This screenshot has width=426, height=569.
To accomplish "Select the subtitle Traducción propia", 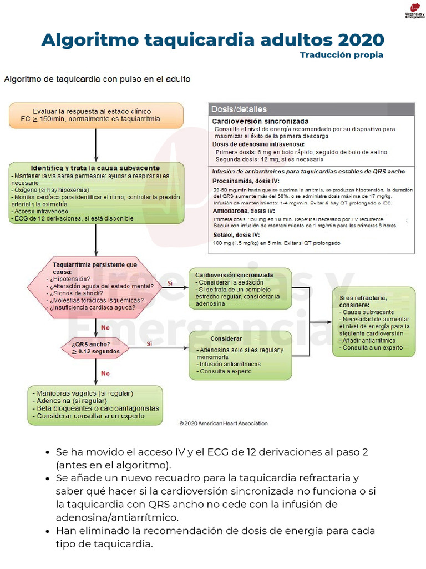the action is (x=341, y=55).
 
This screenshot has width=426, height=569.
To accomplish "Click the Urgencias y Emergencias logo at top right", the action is (x=415, y=11).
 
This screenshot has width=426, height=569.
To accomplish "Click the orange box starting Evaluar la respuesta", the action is (x=96, y=115).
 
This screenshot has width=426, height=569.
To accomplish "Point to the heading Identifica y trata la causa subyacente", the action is (x=95, y=168).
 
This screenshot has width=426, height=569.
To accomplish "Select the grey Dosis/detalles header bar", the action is (x=311, y=109).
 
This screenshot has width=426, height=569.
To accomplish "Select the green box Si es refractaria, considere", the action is (x=373, y=321).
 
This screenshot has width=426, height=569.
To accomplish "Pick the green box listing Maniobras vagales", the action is (x=95, y=405).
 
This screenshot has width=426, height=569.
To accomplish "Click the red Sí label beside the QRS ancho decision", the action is (x=149, y=344).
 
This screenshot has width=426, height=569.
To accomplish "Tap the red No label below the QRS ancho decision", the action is (x=105, y=373).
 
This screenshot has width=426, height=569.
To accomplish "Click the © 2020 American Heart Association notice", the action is (x=223, y=423).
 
